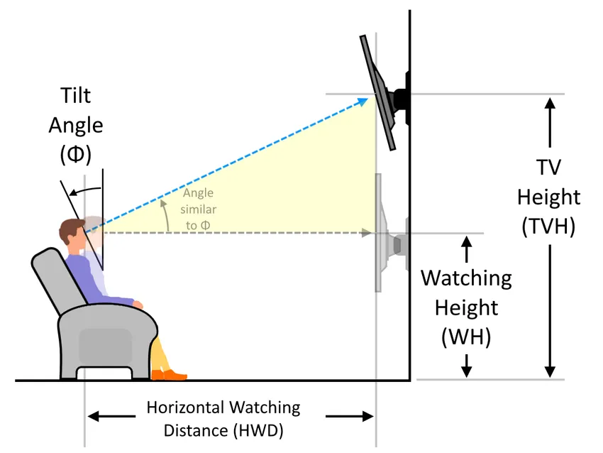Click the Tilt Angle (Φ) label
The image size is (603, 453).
click(75, 125)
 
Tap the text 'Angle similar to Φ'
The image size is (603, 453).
click(199, 209)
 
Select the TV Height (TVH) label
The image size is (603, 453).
click(548, 197)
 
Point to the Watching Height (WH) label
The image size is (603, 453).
click(466, 307)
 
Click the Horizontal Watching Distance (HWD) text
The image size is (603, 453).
click(223, 419)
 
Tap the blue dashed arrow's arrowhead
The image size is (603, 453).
click(366, 101)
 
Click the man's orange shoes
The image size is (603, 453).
click(170, 374)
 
